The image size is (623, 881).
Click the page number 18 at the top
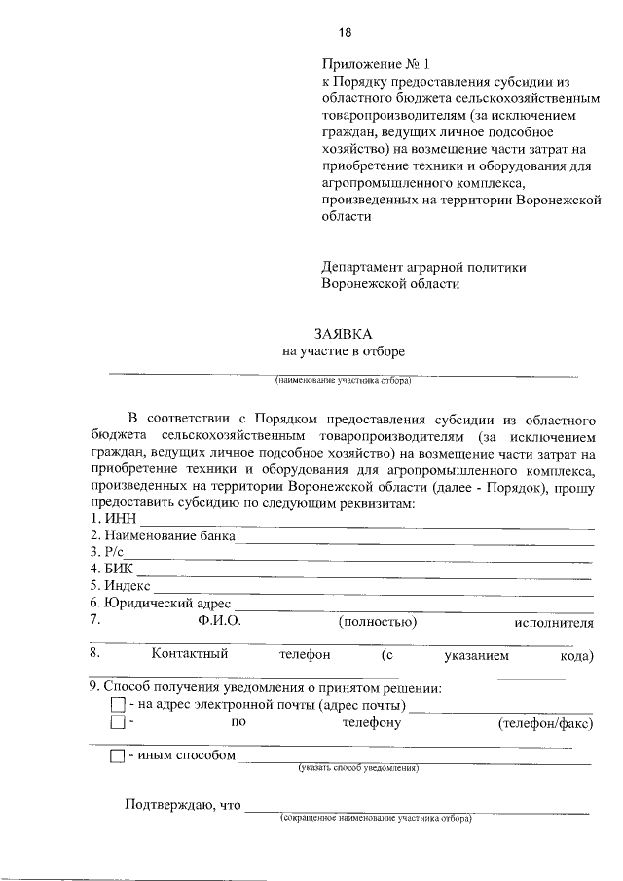[344, 33]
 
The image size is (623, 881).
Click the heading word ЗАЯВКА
[344, 333]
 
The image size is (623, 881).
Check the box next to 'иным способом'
[118, 755]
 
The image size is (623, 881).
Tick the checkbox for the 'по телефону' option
[118, 723]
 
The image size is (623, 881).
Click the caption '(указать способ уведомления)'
[359, 768]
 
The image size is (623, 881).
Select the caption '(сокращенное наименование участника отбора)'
[375, 819]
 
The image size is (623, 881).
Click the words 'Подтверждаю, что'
[182, 804]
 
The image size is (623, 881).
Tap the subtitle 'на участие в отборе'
[344, 351]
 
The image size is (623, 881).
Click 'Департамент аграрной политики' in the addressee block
[423, 266]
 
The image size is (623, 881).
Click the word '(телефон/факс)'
[545, 723]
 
